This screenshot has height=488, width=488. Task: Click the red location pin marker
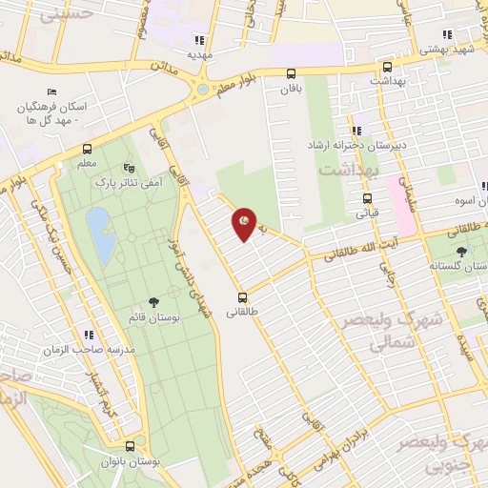[245, 224]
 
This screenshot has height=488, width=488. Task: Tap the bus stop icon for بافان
[291, 73]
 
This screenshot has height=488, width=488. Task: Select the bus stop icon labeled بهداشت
[387, 68]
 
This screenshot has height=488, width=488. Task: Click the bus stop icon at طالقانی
[243, 296]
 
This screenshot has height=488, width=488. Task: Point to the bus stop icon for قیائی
[367, 199]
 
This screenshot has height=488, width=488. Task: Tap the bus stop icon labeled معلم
[88, 149]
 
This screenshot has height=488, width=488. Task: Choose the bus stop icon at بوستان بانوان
[130, 445]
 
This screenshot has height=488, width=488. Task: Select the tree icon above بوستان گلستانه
[462, 250]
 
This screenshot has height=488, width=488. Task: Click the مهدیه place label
[198, 54]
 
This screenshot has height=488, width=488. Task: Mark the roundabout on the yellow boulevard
[202, 91]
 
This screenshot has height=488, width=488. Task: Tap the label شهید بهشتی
[447, 48]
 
